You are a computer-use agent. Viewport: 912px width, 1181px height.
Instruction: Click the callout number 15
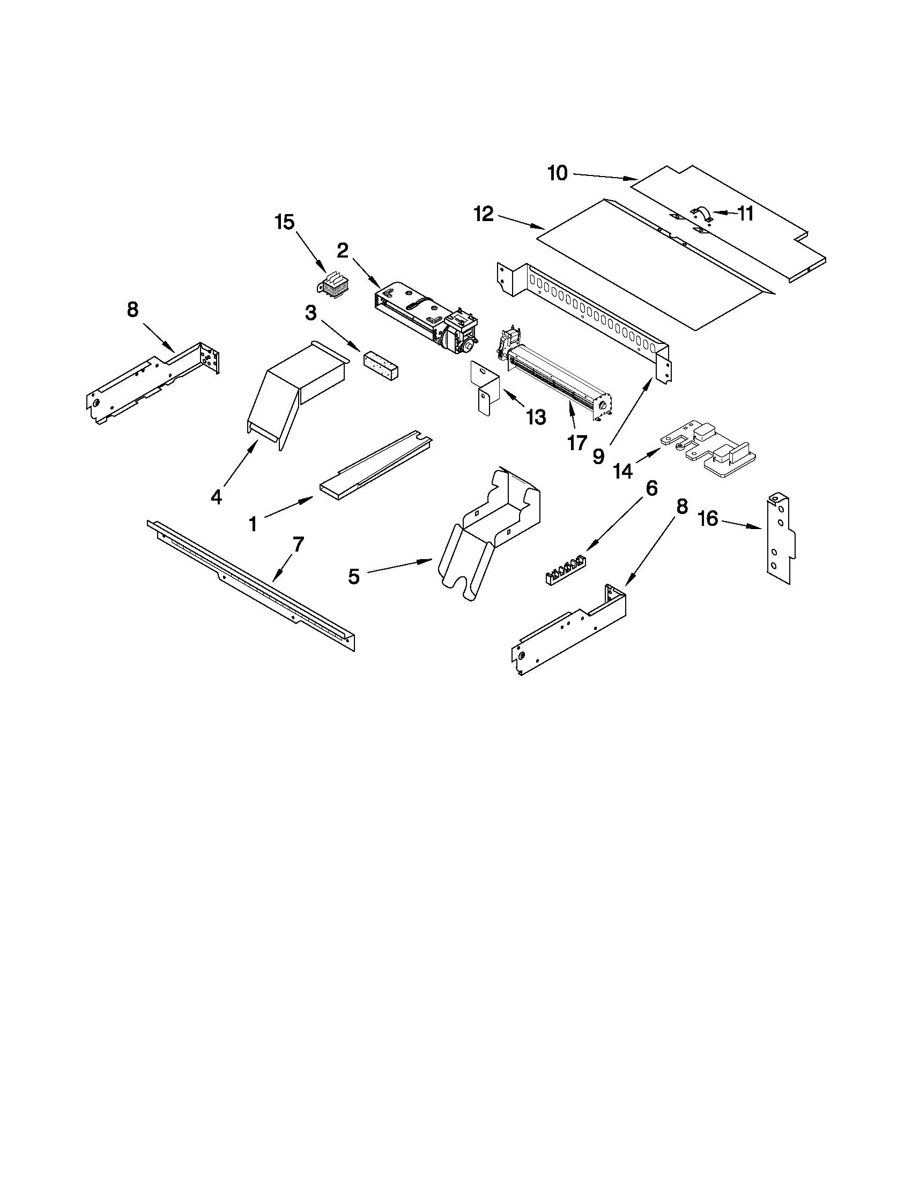pyautogui.click(x=285, y=222)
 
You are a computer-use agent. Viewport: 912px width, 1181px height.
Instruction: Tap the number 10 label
pyautogui.click(x=558, y=173)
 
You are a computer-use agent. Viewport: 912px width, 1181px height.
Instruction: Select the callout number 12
pyautogui.click(x=484, y=215)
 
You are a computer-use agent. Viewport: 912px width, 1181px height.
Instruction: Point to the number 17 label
pyautogui.click(x=577, y=442)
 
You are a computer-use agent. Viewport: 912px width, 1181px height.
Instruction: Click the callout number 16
pyautogui.click(x=708, y=519)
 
